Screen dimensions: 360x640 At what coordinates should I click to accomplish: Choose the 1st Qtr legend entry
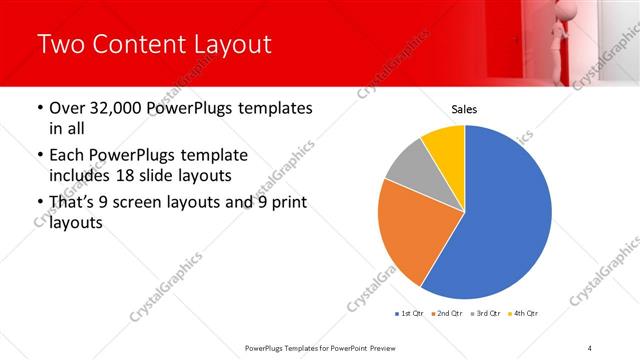[x=409, y=314]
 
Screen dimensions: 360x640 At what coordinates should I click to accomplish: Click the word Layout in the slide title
[x=233, y=44]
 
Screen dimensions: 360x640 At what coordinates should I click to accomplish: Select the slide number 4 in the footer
[x=590, y=347]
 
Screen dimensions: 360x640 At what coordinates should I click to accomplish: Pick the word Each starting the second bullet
[x=67, y=156]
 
